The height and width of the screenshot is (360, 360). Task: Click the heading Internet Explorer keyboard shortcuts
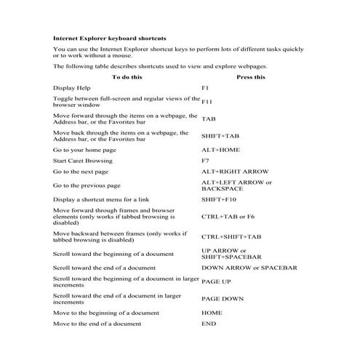click(x=109, y=36)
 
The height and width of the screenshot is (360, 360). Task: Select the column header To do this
click(x=127, y=76)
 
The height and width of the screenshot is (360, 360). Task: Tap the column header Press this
click(x=251, y=76)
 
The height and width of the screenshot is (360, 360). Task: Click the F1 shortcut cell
click(x=205, y=87)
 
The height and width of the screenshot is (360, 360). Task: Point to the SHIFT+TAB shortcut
click(x=220, y=136)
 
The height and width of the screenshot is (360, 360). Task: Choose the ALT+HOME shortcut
click(x=220, y=149)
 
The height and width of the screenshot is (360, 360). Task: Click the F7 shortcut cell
click(x=205, y=160)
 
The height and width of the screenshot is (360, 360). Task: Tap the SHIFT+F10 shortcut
click(x=220, y=199)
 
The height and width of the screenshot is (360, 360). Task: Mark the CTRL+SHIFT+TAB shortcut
click(x=231, y=236)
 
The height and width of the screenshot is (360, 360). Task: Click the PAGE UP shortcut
click(x=216, y=281)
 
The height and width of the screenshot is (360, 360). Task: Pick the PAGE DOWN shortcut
click(x=223, y=299)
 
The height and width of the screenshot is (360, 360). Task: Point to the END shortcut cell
click(x=208, y=323)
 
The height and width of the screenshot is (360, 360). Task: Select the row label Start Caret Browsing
click(x=84, y=160)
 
